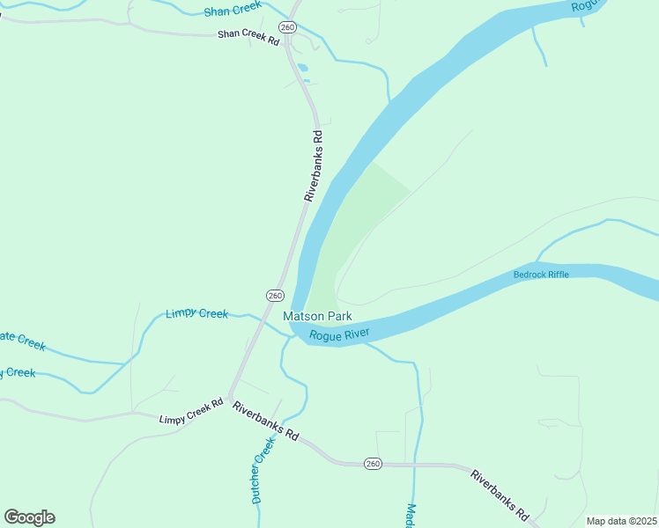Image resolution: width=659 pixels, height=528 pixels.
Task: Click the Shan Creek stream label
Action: (233, 10)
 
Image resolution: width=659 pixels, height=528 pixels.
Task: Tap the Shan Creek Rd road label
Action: (248, 38)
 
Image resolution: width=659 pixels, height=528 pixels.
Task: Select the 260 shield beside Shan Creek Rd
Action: (287, 26)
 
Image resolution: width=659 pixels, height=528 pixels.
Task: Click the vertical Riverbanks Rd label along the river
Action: (315, 166)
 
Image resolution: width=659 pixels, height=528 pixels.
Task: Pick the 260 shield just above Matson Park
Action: (274, 295)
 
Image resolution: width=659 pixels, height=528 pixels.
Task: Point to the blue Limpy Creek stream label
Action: (196, 313)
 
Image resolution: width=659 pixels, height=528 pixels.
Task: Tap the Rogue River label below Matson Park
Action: (339, 334)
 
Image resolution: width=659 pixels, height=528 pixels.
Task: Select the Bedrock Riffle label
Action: (541, 275)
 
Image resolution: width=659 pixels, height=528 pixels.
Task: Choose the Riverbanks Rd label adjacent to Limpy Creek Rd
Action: (266, 421)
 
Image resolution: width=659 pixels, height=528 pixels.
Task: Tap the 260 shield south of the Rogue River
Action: (373, 464)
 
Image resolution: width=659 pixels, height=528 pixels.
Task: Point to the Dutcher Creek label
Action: (263, 470)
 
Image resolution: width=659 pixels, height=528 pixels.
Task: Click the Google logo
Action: (29, 517)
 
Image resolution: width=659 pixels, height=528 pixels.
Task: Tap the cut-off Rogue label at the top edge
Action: (585, 6)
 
